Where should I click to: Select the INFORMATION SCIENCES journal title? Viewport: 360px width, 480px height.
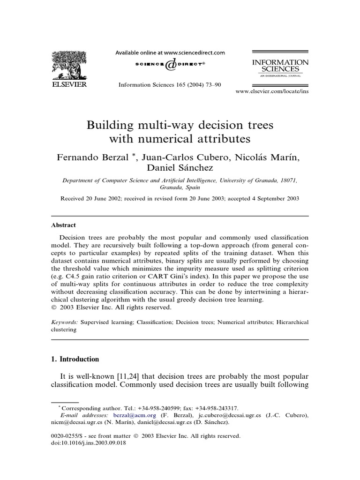(280, 66)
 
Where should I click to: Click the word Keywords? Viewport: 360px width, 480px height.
(65, 322)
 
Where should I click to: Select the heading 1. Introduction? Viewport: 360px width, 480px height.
(75, 359)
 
